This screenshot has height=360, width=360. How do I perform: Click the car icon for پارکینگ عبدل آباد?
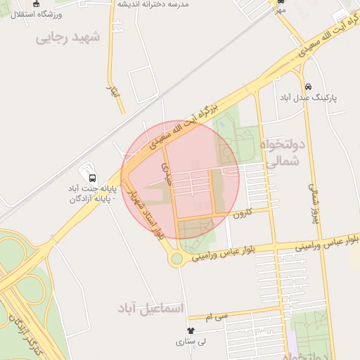pyautogui.click(x=309, y=86)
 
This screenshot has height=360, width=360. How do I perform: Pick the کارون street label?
pyautogui.click(x=243, y=212)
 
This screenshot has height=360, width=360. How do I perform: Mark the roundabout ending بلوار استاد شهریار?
pyautogui.click(x=176, y=259)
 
